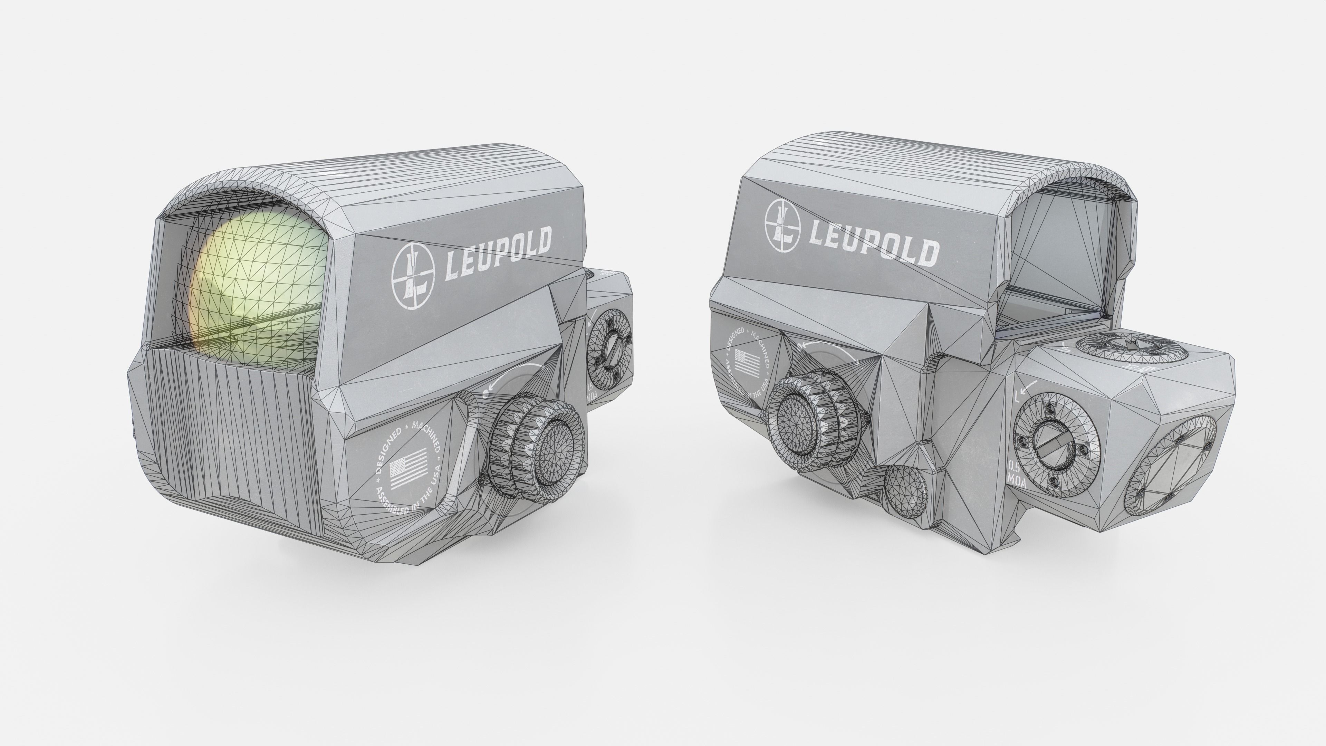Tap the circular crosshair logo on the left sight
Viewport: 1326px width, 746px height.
(413, 276)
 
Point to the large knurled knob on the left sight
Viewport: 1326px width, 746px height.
(535, 448)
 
